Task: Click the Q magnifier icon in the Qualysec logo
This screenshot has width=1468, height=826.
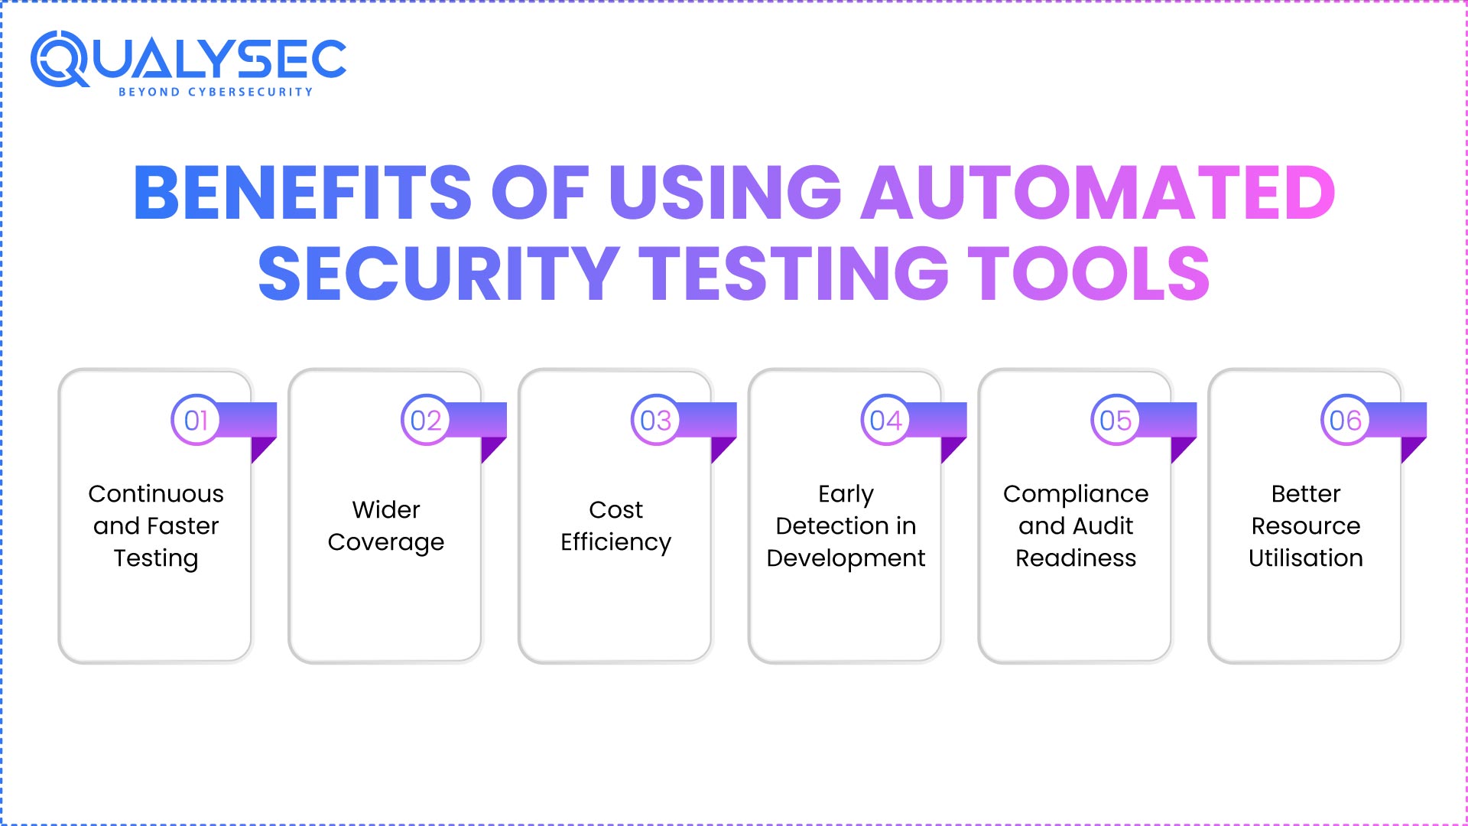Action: tap(59, 59)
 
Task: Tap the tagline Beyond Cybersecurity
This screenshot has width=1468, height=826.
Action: tap(216, 92)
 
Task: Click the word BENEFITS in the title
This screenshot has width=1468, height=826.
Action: tap(303, 193)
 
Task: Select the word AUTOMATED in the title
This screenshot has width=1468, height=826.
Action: tap(1098, 193)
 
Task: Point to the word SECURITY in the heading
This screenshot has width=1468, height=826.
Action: tap(439, 274)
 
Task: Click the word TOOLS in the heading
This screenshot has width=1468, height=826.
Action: tap(1089, 274)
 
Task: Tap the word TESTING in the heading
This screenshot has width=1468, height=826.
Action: tap(794, 274)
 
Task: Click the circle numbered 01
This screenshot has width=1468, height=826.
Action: tap(196, 420)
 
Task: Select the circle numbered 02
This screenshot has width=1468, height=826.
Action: tap(426, 420)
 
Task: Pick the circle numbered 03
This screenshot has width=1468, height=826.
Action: tap(655, 420)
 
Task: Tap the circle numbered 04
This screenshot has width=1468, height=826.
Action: tap(885, 420)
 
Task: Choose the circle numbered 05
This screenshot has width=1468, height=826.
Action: tap(1116, 420)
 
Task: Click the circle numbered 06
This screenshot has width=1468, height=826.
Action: tap(1346, 420)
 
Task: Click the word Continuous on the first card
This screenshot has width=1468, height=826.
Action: tap(156, 494)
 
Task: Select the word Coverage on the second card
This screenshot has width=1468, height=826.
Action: tap(385, 542)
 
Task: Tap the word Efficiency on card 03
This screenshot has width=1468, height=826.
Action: tap(615, 542)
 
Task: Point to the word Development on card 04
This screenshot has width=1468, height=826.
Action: tap(846, 558)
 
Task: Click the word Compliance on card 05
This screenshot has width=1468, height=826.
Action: tap(1076, 494)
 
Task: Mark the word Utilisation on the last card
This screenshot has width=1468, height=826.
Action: tap(1306, 558)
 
